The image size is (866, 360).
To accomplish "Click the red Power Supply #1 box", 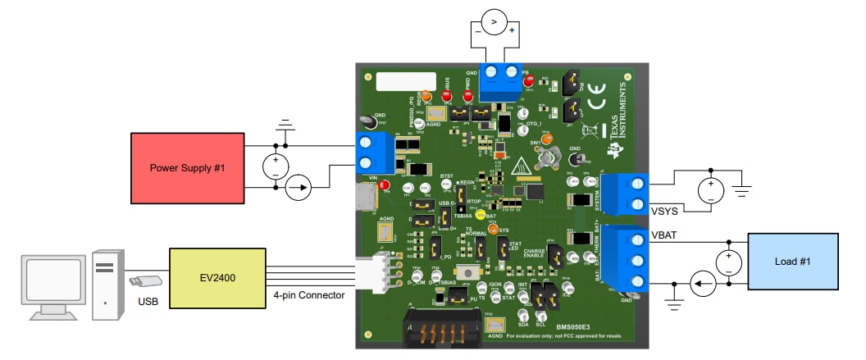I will click(187, 167).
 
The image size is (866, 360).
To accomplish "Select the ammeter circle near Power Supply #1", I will click(299, 189).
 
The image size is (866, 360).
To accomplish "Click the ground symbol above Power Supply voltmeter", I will click(285, 125).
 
